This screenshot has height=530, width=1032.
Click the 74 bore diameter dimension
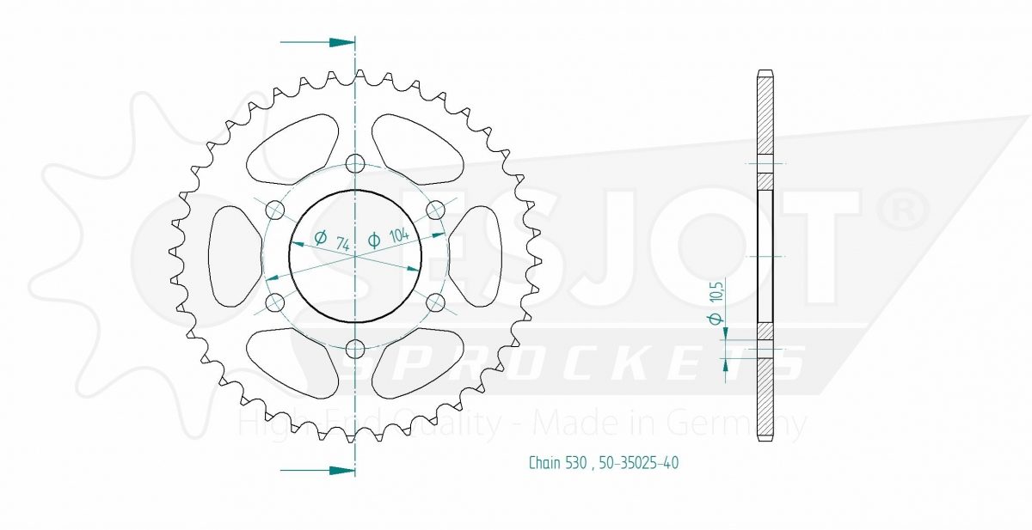[x=332, y=241]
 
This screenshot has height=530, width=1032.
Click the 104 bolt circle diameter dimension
[x=388, y=237]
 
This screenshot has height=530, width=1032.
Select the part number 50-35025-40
[x=638, y=462]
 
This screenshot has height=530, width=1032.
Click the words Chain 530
[x=558, y=462]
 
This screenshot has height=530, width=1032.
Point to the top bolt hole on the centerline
[x=354, y=163]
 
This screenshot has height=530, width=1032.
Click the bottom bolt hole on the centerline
[x=354, y=350]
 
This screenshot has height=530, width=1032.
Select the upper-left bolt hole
[x=275, y=210]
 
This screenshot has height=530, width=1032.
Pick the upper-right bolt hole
[x=435, y=210]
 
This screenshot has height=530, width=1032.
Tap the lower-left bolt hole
[x=275, y=302]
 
